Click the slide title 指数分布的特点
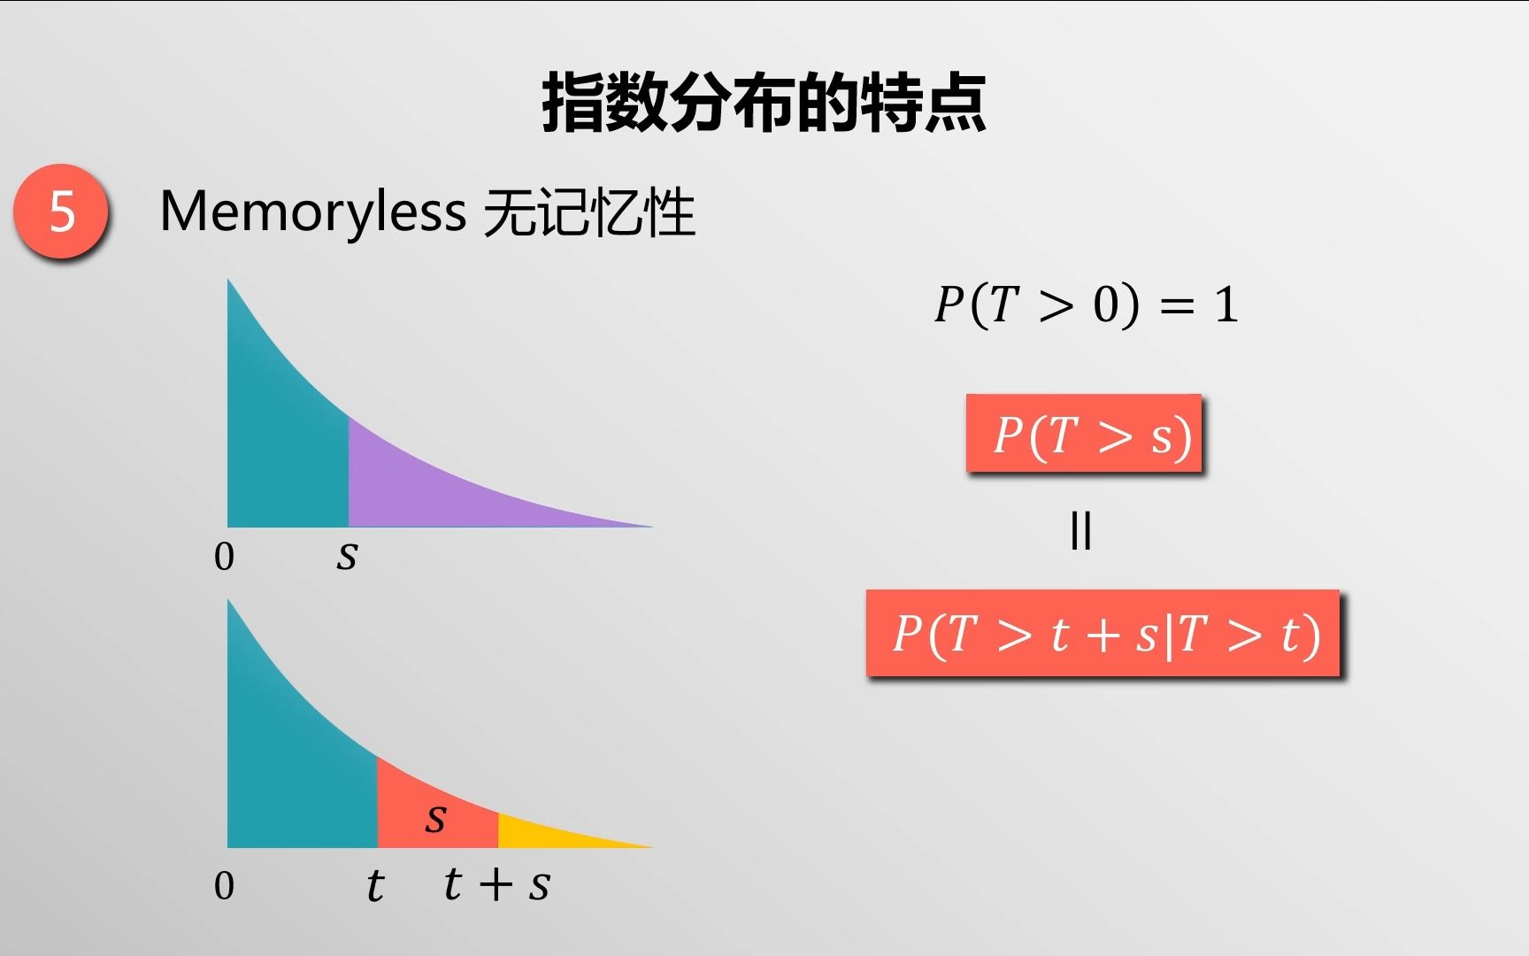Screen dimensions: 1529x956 pyautogui.click(x=764, y=104)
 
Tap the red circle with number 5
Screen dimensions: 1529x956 pyautogui.click(x=61, y=212)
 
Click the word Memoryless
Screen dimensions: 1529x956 pyautogui.click(x=312, y=212)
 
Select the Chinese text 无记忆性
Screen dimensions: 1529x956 pyautogui.click(x=589, y=212)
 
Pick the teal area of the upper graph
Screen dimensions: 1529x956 pyautogui.click(x=283, y=443)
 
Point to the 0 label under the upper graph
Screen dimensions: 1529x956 pyautogui.click(x=224, y=557)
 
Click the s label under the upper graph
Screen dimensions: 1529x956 pyautogui.click(x=347, y=557)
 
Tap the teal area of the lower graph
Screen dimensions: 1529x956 pyautogui.click(x=292, y=770)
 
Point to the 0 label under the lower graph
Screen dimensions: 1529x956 pyautogui.click(x=224, y=886)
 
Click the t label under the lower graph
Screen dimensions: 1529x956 pyautogui.click(x=375, y=885)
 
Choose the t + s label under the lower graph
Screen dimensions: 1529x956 pyautogui.click(x=496, y=883)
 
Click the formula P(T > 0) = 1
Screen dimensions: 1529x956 pyautogui.click(x=1087, y=305)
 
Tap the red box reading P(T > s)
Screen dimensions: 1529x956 pyautogui.click(x=1084, y=433)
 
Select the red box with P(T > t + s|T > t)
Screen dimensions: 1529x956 pyautogui.click(x=1103, y=633)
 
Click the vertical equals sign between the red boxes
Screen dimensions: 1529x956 pyautogui.click(x=1080, y=531)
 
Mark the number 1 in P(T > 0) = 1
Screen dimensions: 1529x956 pyautogui.click(x=1226, y=305)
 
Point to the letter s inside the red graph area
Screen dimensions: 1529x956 pyautogui.click(x=435, y=817)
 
